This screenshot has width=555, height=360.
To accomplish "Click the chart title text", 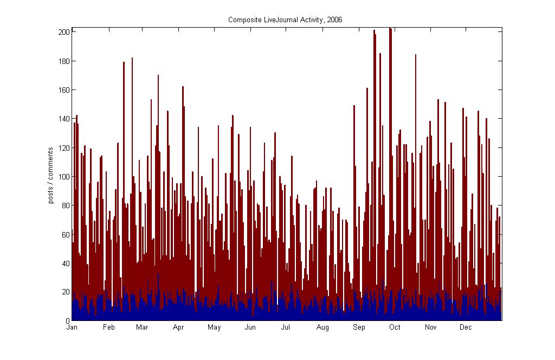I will click(x=285, y=20).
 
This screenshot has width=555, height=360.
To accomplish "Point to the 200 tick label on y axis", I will click(x=63, y=32).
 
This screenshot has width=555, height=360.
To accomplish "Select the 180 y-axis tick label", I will click(x=63, y=61).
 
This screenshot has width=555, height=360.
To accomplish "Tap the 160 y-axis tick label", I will click(x=63, y=90).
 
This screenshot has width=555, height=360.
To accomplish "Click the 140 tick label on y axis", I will click(x=63, y=119).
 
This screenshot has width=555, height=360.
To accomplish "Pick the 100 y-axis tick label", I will click(x=63, y=177).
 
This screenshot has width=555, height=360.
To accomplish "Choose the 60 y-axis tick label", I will click(x=65, y=234).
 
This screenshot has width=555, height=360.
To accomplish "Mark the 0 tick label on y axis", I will click(x=67, y=321).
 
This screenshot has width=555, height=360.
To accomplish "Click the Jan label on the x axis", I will click(x=72, y=327).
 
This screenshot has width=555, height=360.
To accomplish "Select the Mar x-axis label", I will click(x=142, y=327).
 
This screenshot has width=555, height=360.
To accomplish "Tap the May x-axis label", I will click(x=214, y=327).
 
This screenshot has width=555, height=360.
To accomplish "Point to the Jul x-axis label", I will click(x=286, y=327).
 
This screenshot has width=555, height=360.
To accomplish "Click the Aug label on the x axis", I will click(x=322, y=327).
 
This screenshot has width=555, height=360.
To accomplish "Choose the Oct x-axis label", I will click(x=395, y=327).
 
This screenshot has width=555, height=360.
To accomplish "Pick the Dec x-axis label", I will click(x=466, y=327).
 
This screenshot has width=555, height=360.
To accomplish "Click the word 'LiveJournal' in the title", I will click(x=276, y=20).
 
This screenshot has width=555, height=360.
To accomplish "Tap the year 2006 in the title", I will click(x=335, y=20).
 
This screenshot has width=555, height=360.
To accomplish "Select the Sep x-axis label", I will click(x=359, y=327).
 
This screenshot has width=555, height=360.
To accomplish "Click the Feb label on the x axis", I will click(x=109, y=327).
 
